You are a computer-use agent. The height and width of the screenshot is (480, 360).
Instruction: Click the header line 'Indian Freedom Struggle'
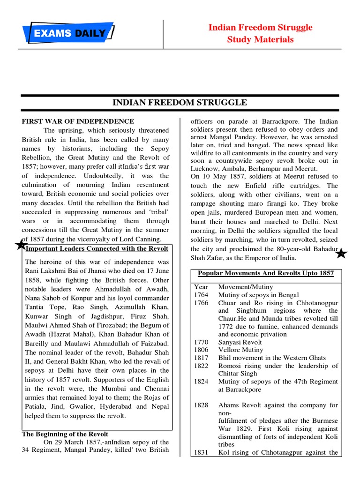[x=260, y=28]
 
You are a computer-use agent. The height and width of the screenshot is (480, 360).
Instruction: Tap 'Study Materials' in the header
[x=260, y=39]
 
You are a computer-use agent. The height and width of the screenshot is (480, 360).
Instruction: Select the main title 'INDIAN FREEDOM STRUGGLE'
[x=180, y=103]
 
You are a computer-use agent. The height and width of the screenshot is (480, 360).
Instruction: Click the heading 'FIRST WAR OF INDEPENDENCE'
[x=78, y=121]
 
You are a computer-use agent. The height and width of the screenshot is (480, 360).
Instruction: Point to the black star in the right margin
[x=341, y=254]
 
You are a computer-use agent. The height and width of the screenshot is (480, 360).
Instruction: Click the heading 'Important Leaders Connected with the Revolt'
[x=97, y=248]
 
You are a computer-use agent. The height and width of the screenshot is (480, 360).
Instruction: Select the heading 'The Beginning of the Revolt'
[x=65, y=434]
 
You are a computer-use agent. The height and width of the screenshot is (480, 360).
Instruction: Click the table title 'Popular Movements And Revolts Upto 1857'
[x=266, y=273]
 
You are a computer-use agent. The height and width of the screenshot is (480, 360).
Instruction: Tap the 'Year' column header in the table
[x=201, y=287]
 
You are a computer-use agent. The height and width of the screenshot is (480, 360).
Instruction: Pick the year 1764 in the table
[x=201, y=295]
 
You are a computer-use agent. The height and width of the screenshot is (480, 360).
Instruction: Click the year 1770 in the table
[x=201, y=342]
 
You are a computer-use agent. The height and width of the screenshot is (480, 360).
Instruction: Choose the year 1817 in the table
[x=201, y=358]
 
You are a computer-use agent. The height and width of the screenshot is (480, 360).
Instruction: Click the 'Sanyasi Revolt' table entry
[x=240, y=342]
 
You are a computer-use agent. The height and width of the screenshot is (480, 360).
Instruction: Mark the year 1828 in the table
[x=201, y=405]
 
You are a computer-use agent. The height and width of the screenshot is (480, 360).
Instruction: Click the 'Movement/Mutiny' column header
[x=245, y=287]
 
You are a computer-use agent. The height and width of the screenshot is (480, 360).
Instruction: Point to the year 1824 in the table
[x=201, y=382]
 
